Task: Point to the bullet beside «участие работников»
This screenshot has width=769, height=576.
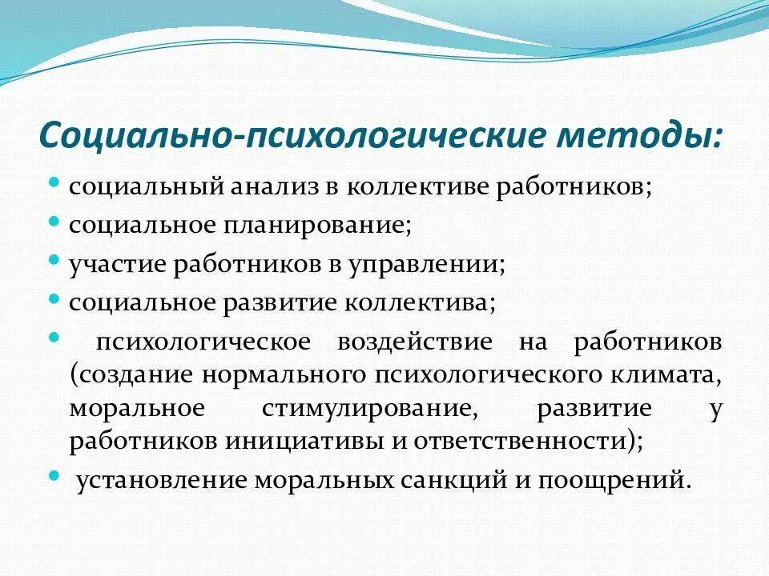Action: (x=54, y=260)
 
